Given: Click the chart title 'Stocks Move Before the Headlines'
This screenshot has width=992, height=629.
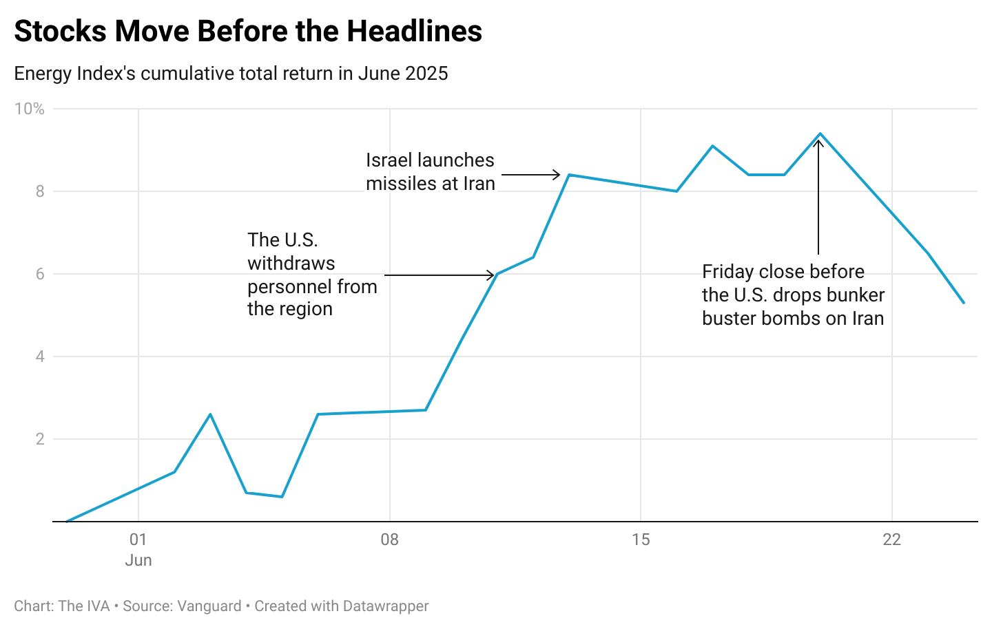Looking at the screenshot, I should (248, 32).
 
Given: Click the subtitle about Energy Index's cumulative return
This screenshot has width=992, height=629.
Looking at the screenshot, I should (231, 74).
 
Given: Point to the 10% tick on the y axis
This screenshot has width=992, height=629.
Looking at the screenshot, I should (29, 109).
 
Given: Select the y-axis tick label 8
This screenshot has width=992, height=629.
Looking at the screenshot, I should (40, 191).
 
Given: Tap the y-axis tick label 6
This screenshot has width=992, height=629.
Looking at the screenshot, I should (40, 274).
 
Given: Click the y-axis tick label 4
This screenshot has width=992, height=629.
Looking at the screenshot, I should (40, 356).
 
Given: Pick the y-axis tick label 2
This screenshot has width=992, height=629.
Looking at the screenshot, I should (40, 439).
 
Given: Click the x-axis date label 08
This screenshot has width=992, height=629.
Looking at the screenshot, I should (389, 540).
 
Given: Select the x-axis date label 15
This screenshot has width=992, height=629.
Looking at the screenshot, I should (641, 540).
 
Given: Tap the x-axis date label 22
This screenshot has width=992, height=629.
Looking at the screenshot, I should (891, 540).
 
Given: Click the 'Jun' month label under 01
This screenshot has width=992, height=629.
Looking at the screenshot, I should (138, 560).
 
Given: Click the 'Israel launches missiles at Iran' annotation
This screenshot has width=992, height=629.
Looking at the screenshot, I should (430, 172).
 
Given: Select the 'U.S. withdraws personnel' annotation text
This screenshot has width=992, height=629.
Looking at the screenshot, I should (312, 275).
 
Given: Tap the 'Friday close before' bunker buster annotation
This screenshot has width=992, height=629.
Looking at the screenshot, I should (793, 295).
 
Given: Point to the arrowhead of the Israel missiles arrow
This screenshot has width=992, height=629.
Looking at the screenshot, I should (559, 175).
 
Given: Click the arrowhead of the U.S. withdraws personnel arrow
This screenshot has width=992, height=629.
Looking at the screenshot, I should (492, 275).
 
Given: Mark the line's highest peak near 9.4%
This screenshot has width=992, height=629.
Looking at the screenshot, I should (820, 134).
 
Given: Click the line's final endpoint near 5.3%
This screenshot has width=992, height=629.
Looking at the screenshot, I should (964, 303).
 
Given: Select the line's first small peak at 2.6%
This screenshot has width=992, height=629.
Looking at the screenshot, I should (210, 414).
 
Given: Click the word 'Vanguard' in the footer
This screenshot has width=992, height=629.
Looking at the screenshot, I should (209, 606).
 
